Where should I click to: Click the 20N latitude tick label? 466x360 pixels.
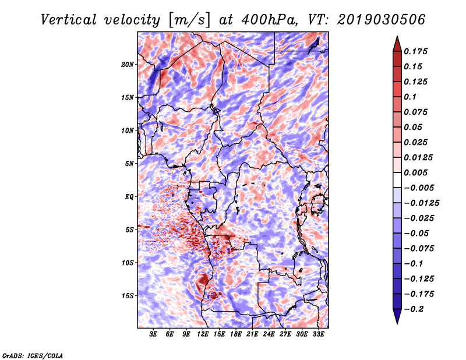point(128,65)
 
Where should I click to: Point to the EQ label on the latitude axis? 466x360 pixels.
point(129,197)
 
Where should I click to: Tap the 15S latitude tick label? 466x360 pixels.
point(128,296)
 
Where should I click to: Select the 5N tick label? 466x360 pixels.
point(129,164)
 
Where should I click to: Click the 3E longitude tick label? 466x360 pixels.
point(153,334)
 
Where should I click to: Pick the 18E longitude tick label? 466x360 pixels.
point(236,334)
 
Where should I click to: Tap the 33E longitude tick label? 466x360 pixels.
point(318,334)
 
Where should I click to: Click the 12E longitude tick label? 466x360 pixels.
point(203,334)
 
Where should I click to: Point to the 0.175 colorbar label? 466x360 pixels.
point(415,51)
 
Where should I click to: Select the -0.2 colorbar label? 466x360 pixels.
point(414,309)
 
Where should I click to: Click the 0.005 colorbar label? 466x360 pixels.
point(415,172)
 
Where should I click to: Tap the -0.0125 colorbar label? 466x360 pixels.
point(421,203)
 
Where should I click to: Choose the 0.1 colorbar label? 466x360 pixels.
point(410,97)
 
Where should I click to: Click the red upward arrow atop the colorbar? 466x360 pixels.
point(397,44)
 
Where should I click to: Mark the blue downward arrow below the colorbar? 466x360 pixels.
point(397,316)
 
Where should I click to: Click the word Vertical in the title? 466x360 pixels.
point(68,20)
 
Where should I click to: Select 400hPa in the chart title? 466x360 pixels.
point(269,20)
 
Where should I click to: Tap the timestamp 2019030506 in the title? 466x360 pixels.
point(381,20)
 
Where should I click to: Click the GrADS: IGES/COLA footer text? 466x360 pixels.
point(33,355)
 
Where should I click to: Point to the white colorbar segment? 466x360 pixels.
point(397,180)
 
